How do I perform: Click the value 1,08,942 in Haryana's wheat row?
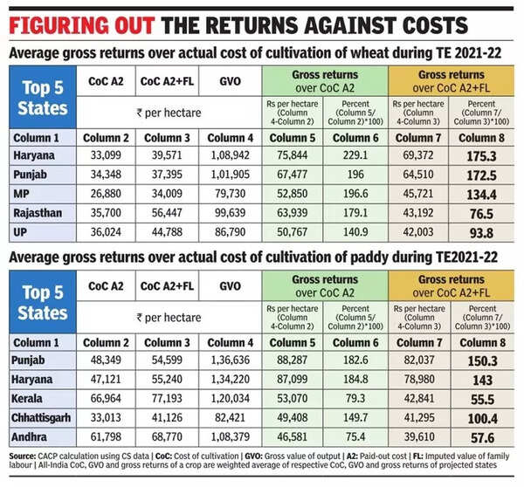coord(229,154)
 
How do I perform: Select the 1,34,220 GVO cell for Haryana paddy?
coord(229,378)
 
